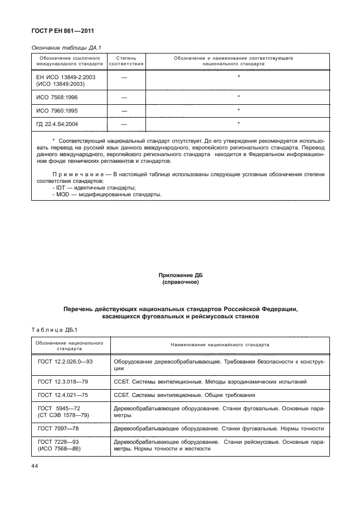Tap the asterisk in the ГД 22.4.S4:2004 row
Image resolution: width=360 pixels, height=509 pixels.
click(x=238, y=123)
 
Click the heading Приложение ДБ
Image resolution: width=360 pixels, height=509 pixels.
click(x=180, y=275)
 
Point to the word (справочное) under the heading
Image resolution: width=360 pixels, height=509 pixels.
click(x=180, y=282)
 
